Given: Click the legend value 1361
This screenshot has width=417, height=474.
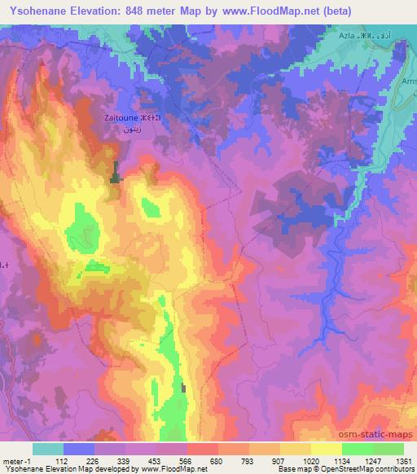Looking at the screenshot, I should coord(403,460).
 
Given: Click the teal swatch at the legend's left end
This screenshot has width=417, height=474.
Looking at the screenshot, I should coord(48,449).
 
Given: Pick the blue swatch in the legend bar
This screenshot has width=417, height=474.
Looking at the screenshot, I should coord(79,449).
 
